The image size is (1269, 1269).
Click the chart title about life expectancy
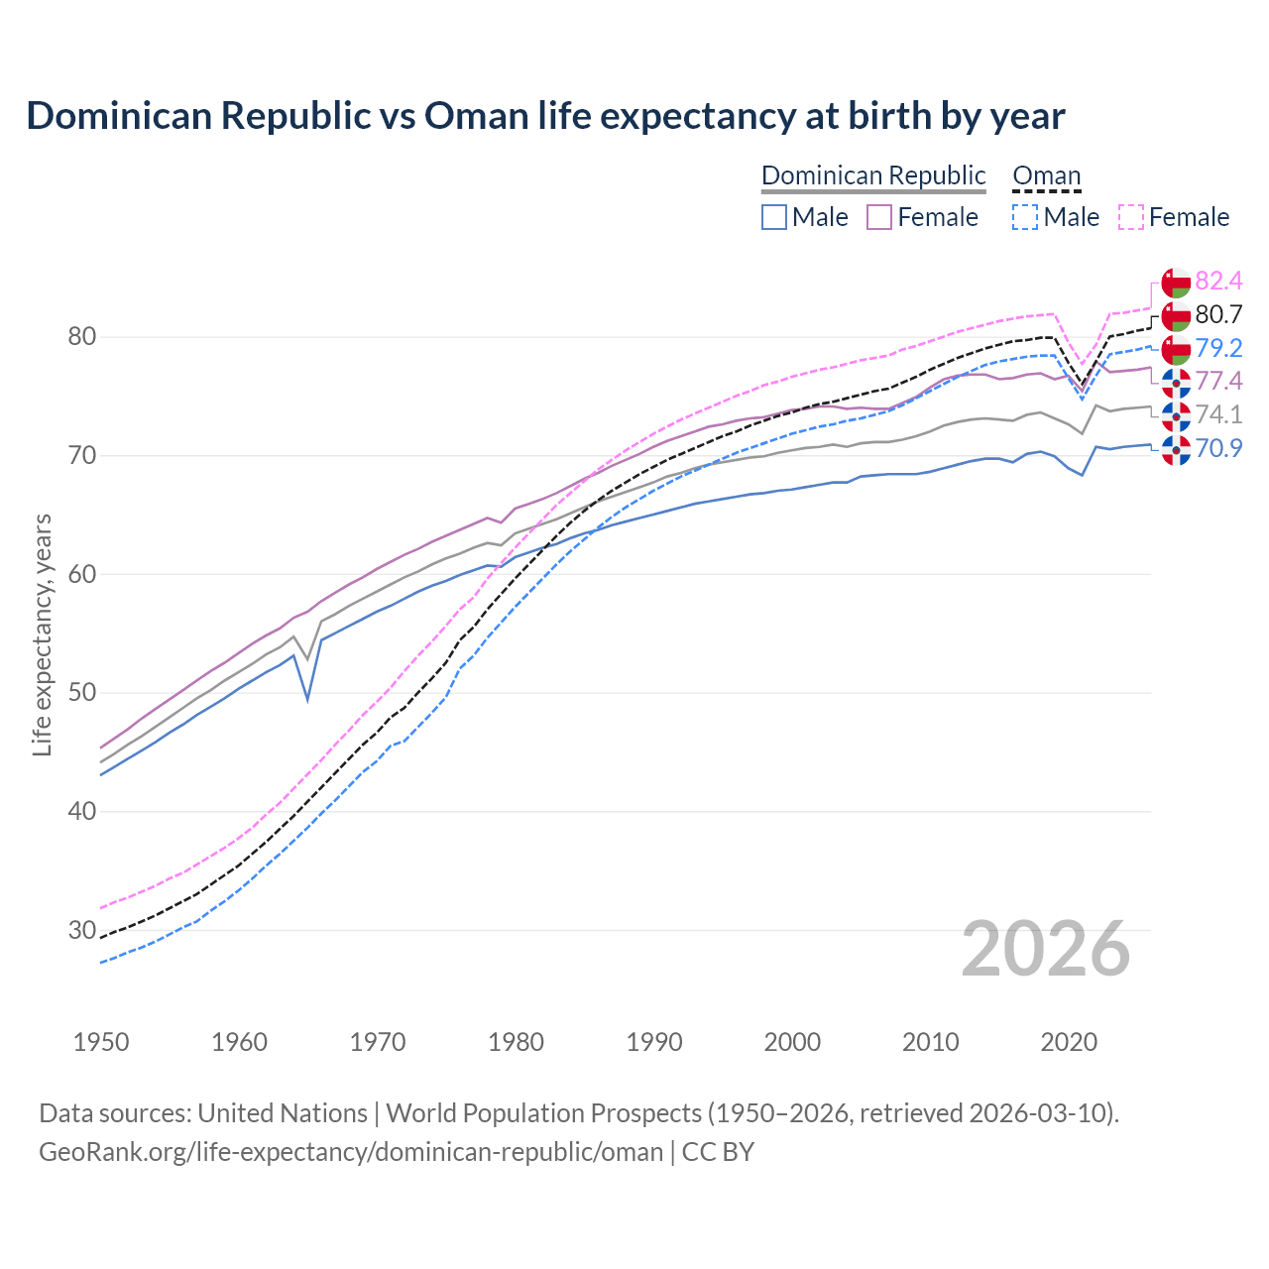[545, 116]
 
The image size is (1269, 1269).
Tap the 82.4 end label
[1218, 281]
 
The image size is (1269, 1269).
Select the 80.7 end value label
[1218, 314]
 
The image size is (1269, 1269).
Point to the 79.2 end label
[1218, 348]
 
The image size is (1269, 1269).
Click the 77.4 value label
[1218, 382]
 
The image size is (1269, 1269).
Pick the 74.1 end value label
[1218, 414]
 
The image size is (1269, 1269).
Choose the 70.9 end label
[1218, 448]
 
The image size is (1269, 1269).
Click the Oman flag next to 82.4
[1176, 282]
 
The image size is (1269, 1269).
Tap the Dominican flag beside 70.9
[1176, 449]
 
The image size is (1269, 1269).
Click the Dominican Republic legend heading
[873, 175]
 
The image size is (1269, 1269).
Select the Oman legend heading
[1046, 175]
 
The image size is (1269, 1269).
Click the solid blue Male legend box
[774, 217]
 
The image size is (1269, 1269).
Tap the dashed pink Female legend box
[1131, 217]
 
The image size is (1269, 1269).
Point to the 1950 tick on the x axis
[101, 1042]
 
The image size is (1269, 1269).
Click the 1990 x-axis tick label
[654, 1042]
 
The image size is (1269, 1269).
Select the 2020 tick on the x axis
[1069, 1042]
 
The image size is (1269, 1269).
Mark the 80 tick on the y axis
[82, 337]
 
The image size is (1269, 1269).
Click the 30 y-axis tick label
[82, 930]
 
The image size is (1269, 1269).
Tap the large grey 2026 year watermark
[1045, 949]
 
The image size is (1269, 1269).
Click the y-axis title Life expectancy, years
[42, 634]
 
